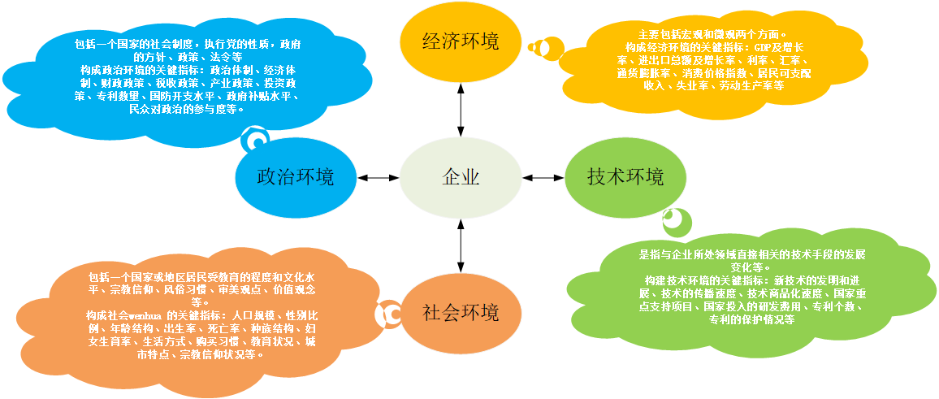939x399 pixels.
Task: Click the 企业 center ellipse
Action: pos(461,177)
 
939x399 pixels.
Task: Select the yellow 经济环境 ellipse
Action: pos(461,41)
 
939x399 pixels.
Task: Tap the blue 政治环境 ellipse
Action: pos(295,177)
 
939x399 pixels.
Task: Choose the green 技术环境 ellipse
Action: pos(625,176)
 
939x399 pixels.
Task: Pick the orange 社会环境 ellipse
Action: pos(461,313)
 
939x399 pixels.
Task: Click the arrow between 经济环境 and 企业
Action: pos(461,104)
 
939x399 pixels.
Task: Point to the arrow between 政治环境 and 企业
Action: pos(378,177)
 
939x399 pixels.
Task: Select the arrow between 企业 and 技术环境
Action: pos(543,177)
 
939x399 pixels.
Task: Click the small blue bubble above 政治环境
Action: pos(256,140)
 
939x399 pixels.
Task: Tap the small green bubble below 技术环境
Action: pos(676,221)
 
